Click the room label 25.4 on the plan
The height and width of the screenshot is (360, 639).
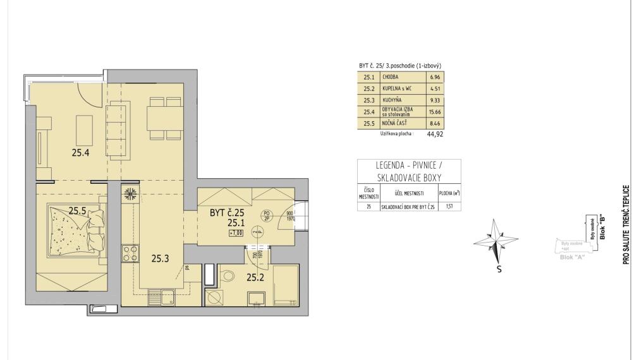click(80, 152)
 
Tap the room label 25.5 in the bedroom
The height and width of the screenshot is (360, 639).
click(77, 211)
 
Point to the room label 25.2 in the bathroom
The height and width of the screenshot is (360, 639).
click(255, 277)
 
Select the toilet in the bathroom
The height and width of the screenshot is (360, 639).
click(228, 275)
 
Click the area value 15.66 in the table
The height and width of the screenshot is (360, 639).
click(435, 112)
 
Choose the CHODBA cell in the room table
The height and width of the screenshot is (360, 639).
click(391, 77)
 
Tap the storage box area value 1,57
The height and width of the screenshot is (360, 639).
click(450, 207)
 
